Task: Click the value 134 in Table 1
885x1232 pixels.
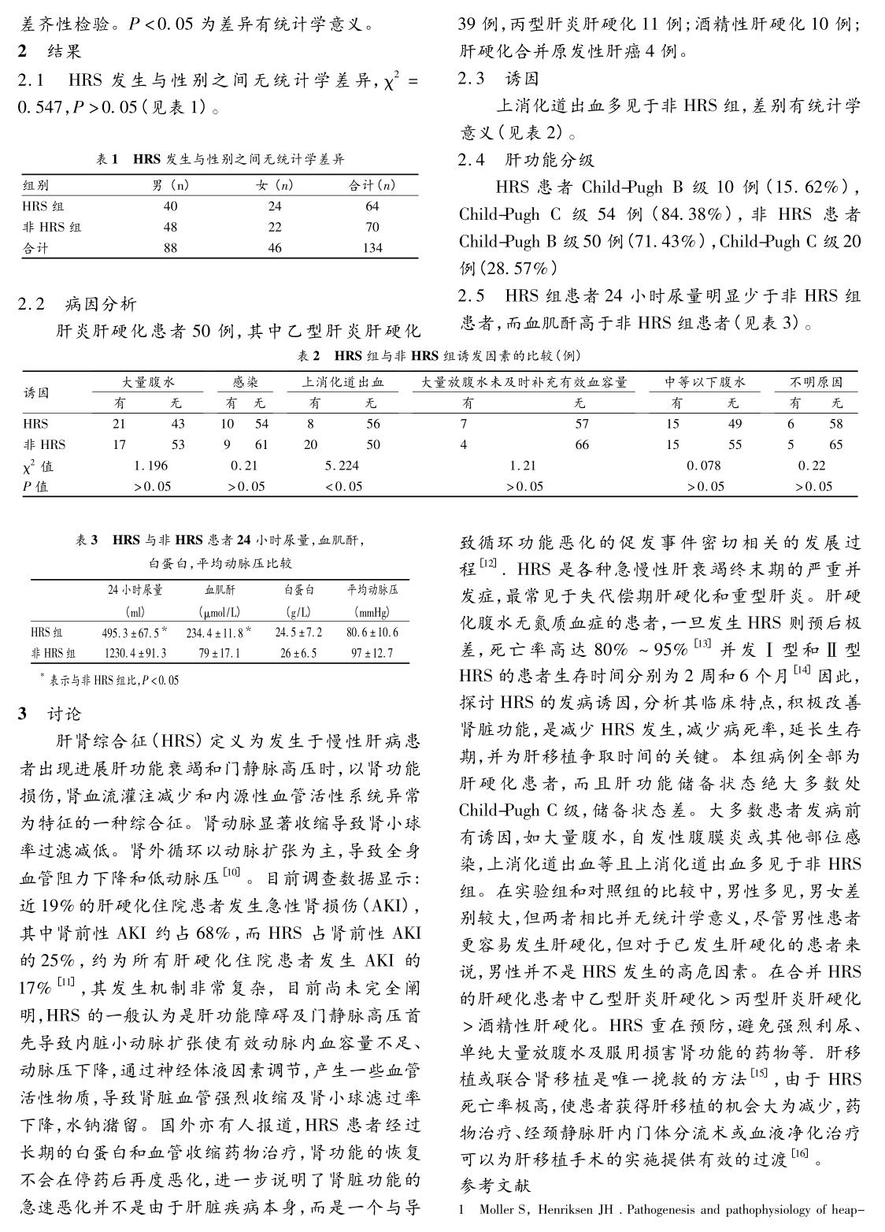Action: coord(372,247)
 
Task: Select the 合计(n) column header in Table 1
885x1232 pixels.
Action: coord(372,186)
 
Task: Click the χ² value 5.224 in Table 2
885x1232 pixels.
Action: coord(342,466)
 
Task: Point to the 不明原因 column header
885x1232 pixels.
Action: coord(816,383)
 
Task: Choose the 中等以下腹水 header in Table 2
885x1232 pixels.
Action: coord(705,383)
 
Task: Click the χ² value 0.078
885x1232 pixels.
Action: coord(705,466)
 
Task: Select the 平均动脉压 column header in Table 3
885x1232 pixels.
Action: coord(372,590)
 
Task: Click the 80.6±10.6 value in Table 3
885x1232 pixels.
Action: coord(372,632)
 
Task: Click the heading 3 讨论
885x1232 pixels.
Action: coord(52,714)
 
